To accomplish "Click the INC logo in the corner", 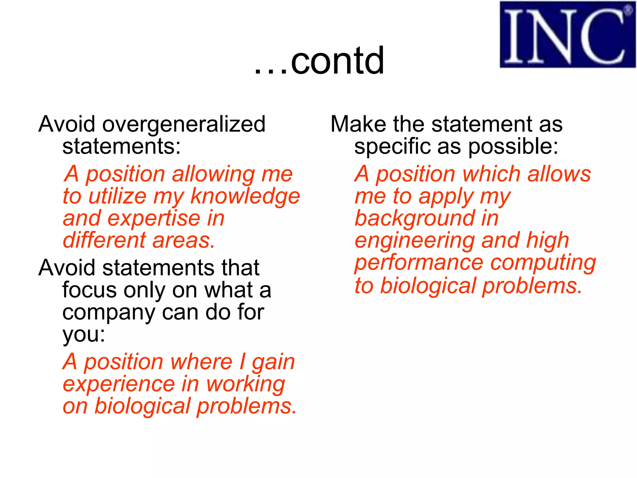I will (x=567, y=35).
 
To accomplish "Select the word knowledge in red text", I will (x=245, y=197).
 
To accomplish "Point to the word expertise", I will (x=154, y=218).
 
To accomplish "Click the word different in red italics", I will (x=104, y=241).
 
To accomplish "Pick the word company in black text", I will (x=108, y=313).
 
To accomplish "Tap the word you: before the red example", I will (x=84, y=335).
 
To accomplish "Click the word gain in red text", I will (x=273, y=363).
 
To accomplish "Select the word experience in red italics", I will (x=119, y=385).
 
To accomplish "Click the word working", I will (x=245, y=385).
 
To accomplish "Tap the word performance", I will (x=419, y=263).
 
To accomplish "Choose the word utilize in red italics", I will (x=117, y=197).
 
